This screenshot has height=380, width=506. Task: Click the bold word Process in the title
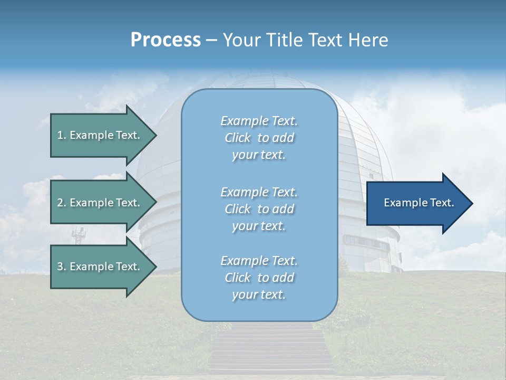166,40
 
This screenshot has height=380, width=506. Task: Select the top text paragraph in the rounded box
259,138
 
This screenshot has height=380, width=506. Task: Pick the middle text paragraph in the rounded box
259,209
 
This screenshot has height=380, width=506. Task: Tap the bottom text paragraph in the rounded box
259,278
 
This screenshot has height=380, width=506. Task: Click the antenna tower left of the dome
80,235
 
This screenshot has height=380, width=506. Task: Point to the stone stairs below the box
272,351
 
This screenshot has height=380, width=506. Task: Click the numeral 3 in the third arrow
60,267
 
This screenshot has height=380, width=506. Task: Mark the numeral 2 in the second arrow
60,203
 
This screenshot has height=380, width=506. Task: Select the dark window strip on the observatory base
366,242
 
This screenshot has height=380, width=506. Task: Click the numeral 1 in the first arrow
60,135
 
